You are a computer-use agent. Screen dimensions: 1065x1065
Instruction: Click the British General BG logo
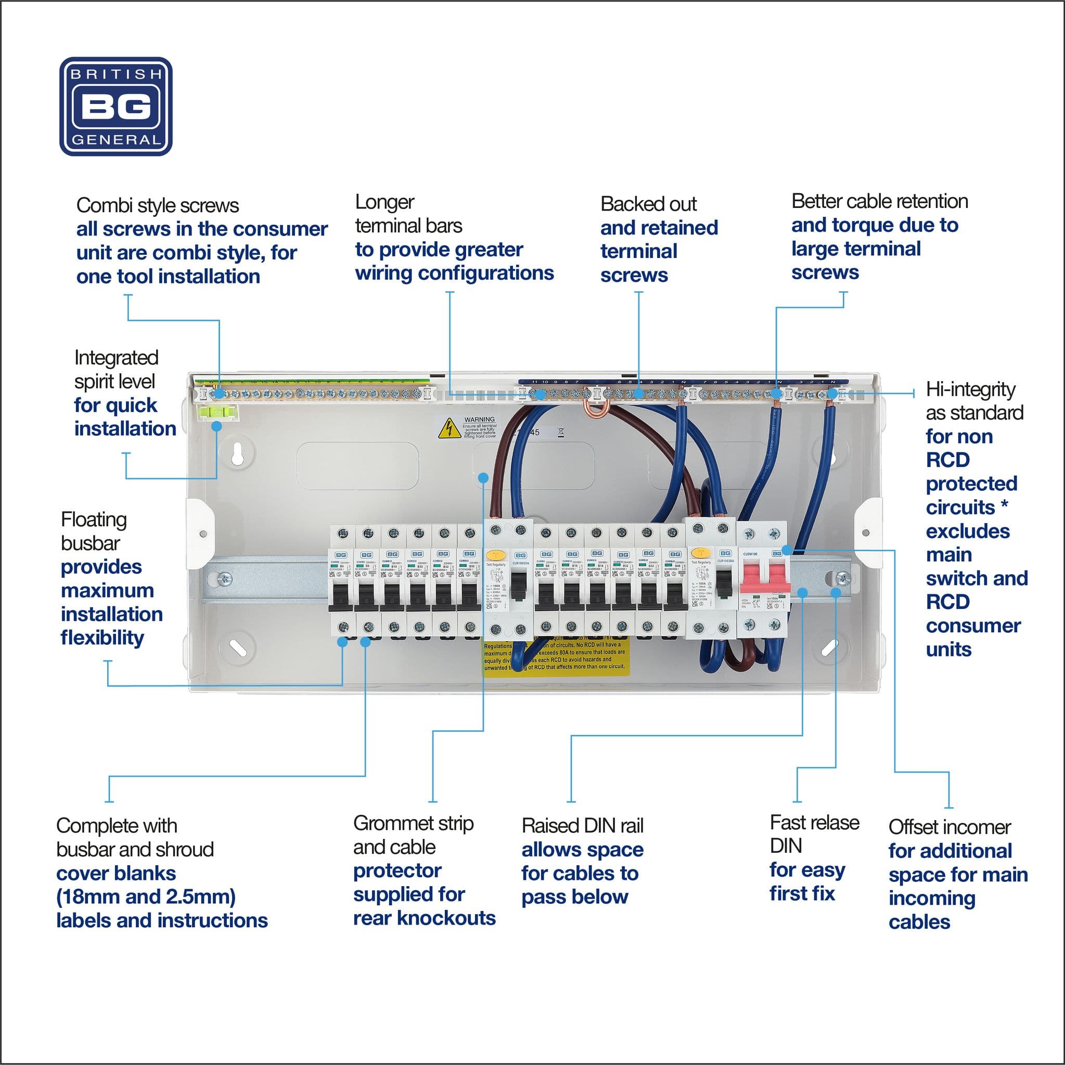116,107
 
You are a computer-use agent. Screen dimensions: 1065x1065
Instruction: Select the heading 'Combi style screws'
157,205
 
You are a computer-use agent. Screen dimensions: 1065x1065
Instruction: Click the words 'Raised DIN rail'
582,826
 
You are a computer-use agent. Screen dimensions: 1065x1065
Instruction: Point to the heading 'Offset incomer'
949,827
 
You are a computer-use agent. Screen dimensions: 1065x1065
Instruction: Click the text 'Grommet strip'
413,824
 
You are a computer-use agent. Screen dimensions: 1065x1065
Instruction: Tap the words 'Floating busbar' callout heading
94,531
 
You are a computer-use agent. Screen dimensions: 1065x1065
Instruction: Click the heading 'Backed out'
648,204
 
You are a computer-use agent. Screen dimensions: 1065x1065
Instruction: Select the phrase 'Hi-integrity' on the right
970,389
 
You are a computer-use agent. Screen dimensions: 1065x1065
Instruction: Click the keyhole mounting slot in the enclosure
238,453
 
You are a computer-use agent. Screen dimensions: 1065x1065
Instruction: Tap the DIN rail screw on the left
224,579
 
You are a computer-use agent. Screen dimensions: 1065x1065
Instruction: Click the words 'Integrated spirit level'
116,369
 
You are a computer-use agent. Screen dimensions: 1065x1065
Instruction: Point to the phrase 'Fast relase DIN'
814,834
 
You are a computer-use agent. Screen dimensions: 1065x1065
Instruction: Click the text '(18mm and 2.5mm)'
146,897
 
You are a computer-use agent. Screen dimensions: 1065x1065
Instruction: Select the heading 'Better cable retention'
879,201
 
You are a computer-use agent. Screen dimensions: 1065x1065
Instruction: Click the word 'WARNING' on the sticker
479,420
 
